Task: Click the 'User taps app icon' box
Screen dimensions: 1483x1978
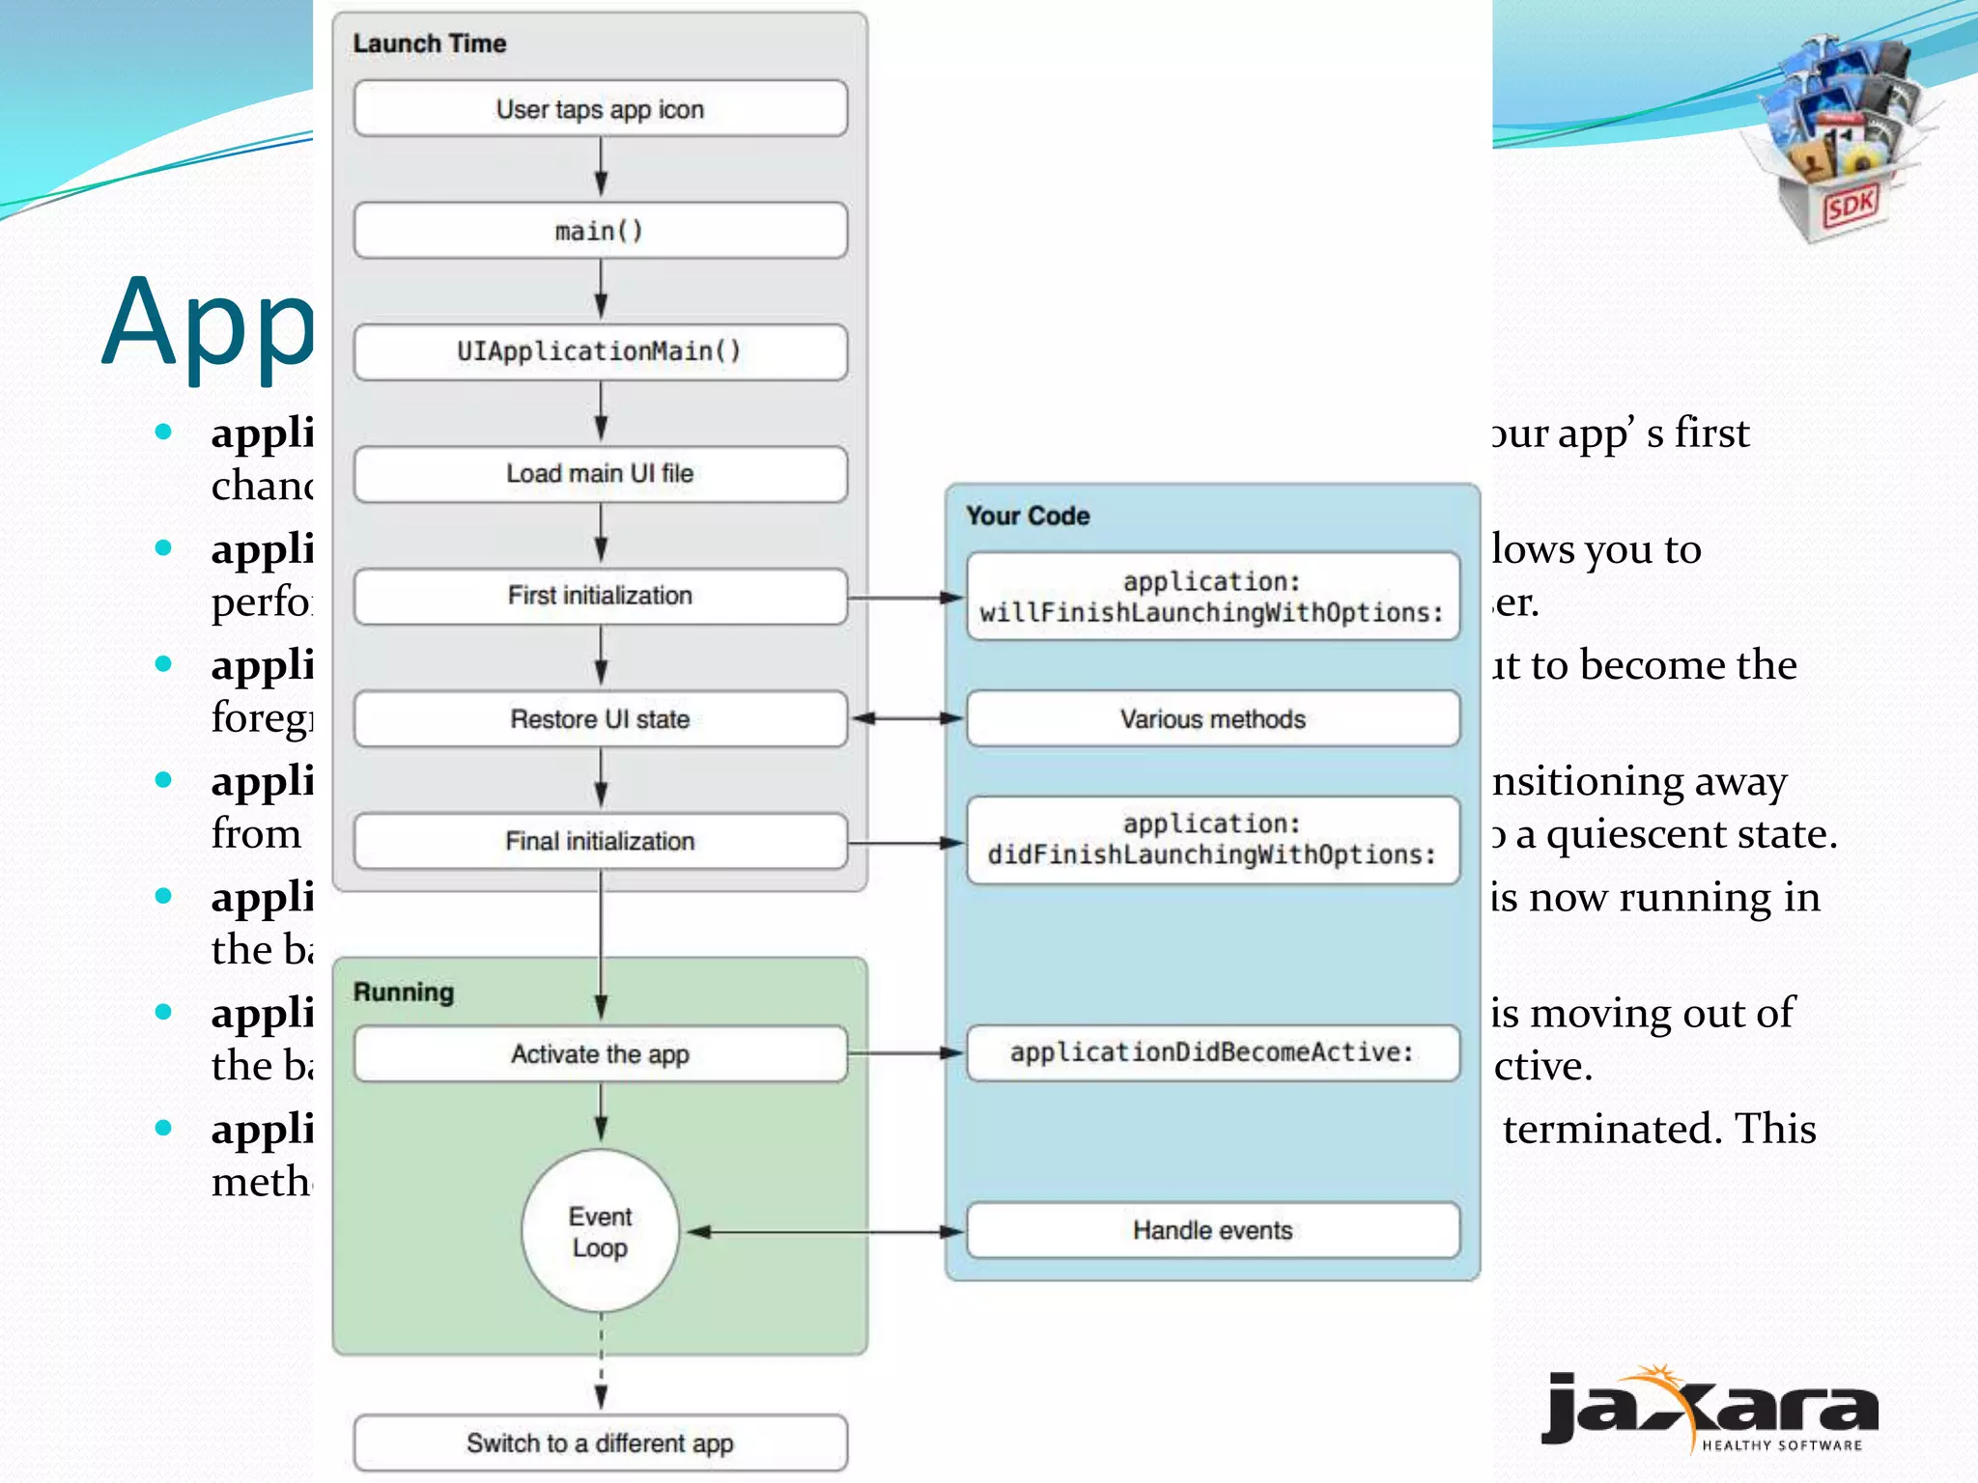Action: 600,109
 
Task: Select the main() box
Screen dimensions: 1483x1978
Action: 600,231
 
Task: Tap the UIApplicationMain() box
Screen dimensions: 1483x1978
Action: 600,351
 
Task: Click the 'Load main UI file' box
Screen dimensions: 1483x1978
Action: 600,473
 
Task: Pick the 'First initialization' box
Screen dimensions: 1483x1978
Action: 600,596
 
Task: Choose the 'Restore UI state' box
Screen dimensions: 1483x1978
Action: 600,719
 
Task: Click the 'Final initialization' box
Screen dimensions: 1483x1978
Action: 600,841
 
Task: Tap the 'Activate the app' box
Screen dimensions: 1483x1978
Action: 600,1054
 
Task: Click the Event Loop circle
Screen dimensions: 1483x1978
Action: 600,1231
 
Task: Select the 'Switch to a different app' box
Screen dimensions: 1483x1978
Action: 600,1443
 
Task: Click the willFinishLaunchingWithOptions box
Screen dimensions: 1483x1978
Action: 1212,597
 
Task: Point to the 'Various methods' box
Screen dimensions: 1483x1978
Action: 1212,719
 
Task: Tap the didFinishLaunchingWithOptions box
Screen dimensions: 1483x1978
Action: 1212,840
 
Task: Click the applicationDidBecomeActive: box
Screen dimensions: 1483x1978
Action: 1212,1052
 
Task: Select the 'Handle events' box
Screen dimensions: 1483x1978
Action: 1212,1230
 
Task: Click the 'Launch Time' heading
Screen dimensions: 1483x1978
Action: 430,43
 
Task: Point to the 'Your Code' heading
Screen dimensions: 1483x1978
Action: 1028,516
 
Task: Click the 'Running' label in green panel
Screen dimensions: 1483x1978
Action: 404,993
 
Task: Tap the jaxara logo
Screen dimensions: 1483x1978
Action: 1710,1410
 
